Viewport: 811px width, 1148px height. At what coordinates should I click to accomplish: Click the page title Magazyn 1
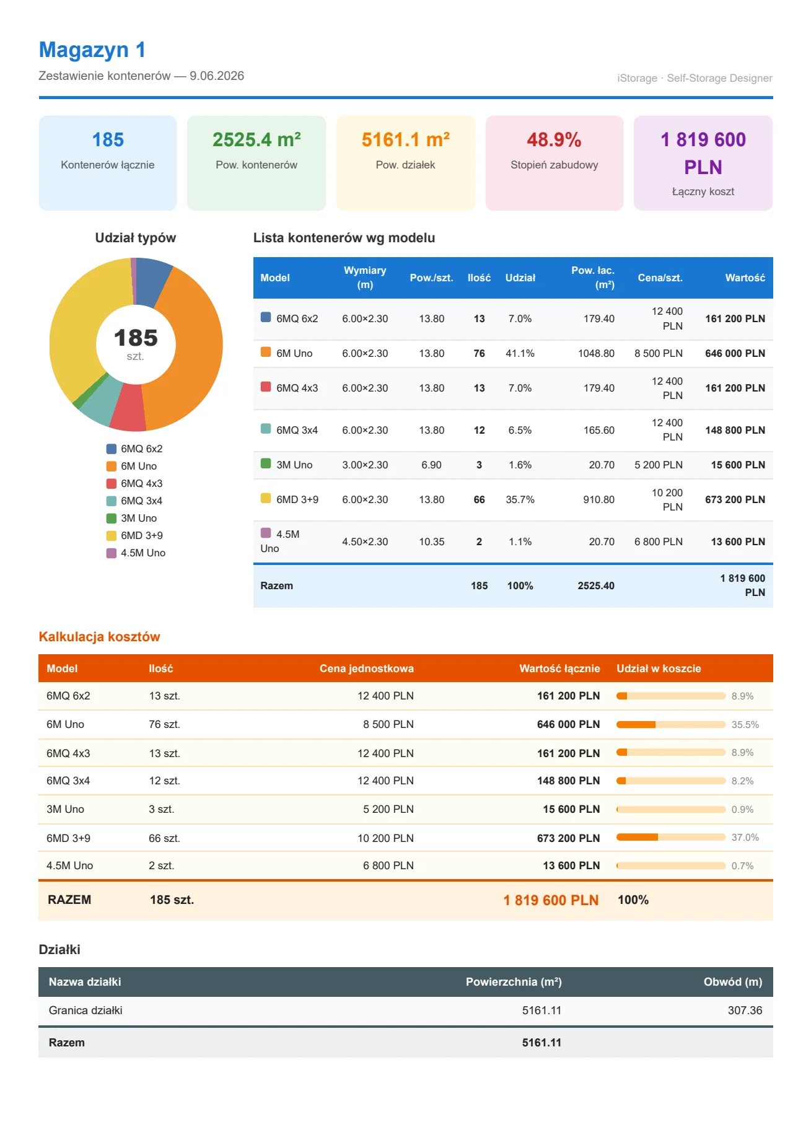click(92, 50)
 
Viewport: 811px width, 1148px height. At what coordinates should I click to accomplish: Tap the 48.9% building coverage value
click(554, 140)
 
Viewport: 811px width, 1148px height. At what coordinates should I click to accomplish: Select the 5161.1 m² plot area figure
click(406, 140)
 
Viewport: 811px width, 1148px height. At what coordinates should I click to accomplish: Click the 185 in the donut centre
click(136, 338)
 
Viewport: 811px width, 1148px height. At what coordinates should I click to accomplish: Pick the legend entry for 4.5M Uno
click(136, 553)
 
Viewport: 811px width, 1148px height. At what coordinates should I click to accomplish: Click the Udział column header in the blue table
click(520, 278)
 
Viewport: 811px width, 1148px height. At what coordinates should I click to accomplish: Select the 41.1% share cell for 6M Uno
click(520, 354)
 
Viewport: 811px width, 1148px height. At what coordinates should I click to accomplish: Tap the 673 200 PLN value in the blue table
click(735, 500)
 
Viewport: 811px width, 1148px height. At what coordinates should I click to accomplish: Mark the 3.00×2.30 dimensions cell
click(365, 465)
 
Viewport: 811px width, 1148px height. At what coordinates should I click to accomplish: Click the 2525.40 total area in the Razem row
click(596, 586)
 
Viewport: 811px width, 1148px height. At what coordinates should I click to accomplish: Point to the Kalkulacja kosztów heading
click(99, 637)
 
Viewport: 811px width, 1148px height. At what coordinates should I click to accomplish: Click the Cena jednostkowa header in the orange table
click(367, 668)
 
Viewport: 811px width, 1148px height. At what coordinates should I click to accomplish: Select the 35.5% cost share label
click(745, 724)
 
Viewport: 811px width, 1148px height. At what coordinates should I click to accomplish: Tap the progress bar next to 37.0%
click(671, 837)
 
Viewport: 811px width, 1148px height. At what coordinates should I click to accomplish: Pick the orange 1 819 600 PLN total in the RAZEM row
click(551, 900)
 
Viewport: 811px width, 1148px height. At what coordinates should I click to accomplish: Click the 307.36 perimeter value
click(745, 1010)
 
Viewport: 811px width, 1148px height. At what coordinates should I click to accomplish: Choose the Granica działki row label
click(85, 1010)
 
